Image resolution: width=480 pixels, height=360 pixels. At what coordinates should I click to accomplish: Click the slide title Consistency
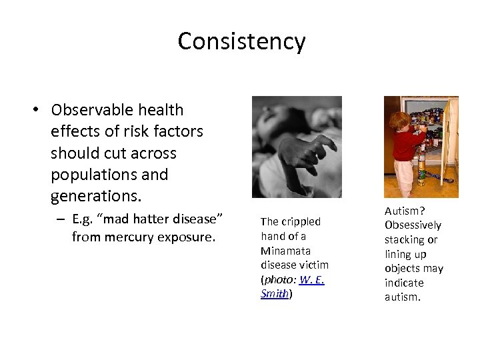241,41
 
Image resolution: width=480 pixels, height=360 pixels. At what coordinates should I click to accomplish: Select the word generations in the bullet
94,197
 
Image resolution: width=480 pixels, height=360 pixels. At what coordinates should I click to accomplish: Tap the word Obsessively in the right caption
413,225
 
